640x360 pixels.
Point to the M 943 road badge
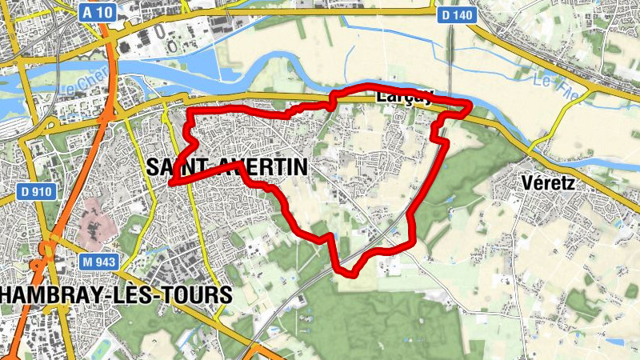tap(98, 262)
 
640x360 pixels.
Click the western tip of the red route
tap(171, 183)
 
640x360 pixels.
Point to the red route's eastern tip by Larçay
tap(470, 105)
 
